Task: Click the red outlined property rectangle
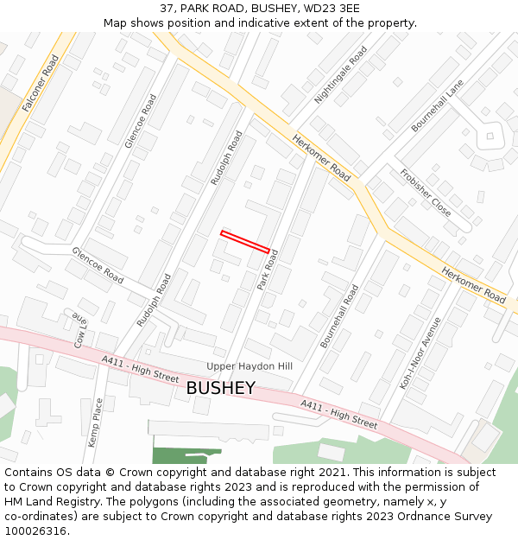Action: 245,241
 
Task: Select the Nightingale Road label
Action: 341,74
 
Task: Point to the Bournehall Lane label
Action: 438,105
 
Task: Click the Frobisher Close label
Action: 425,192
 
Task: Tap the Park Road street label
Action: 268,270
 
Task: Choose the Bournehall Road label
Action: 339,316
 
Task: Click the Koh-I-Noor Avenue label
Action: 420,353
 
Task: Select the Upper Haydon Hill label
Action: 250,366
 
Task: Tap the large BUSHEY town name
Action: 221,388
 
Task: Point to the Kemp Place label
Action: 98,421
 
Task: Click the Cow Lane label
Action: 82,329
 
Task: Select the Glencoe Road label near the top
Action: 141,121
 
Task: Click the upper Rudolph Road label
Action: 227,158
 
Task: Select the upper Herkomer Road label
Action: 321,157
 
